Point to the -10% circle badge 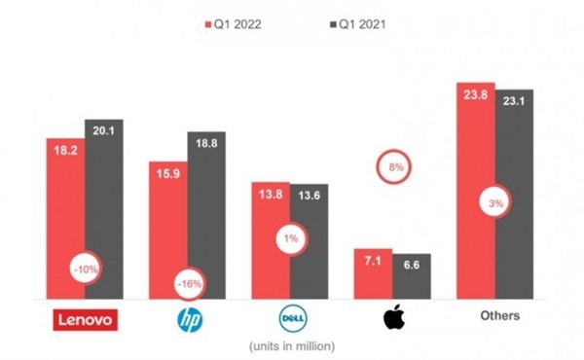pos(85,269)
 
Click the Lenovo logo pos(84,318)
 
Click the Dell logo pos(289,318)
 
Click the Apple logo pos(393,317)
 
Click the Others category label pos(498,316)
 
